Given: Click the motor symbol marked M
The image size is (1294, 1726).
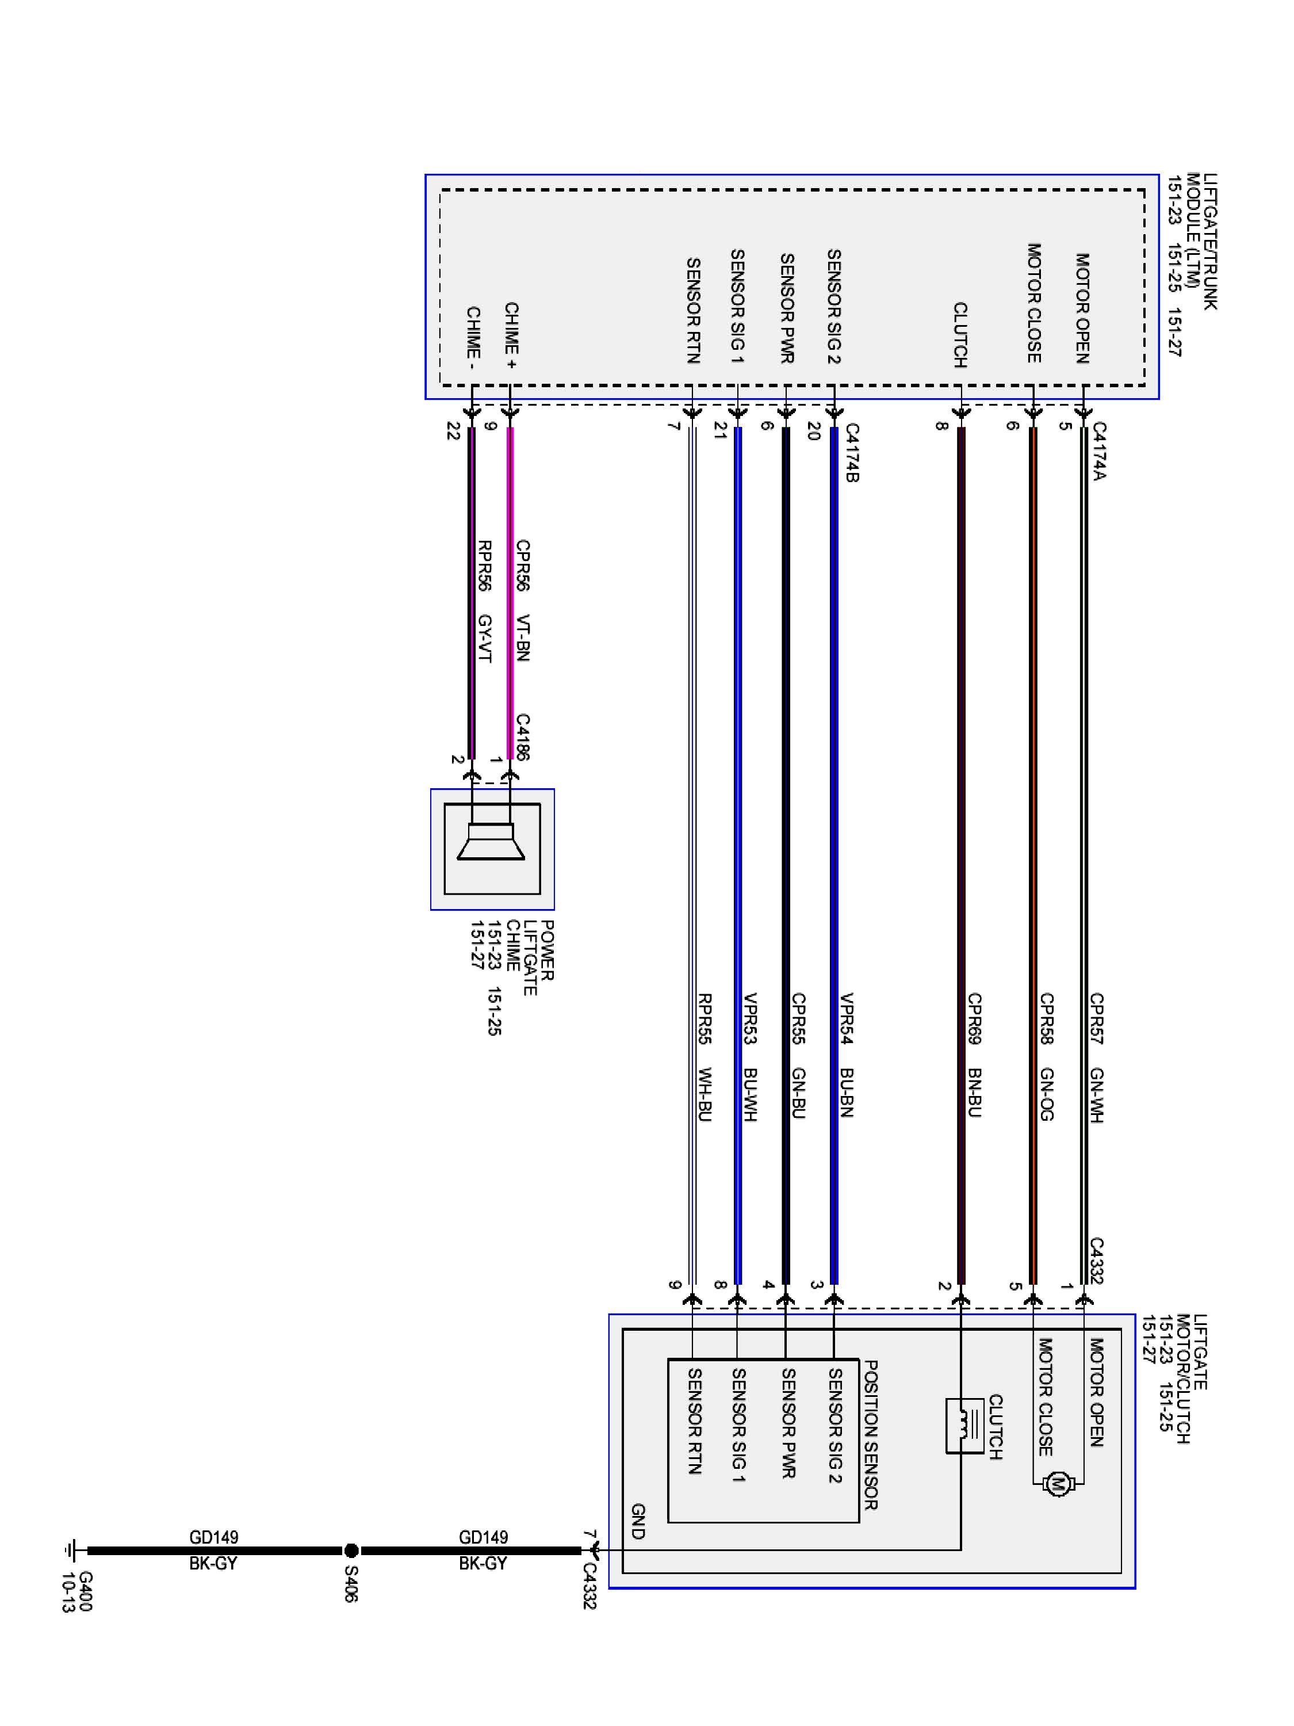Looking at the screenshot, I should tap(1058, 1483).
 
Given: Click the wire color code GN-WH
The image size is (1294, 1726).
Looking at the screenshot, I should tap(1097, 1095).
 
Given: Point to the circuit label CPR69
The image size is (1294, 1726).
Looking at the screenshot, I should tap(974, 1018).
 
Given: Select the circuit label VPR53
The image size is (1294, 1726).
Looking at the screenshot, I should tap(749, 1018).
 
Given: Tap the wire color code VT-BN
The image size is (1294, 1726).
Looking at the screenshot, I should tap(523, 637).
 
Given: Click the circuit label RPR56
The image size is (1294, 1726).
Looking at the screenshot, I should tap(484, 565).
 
